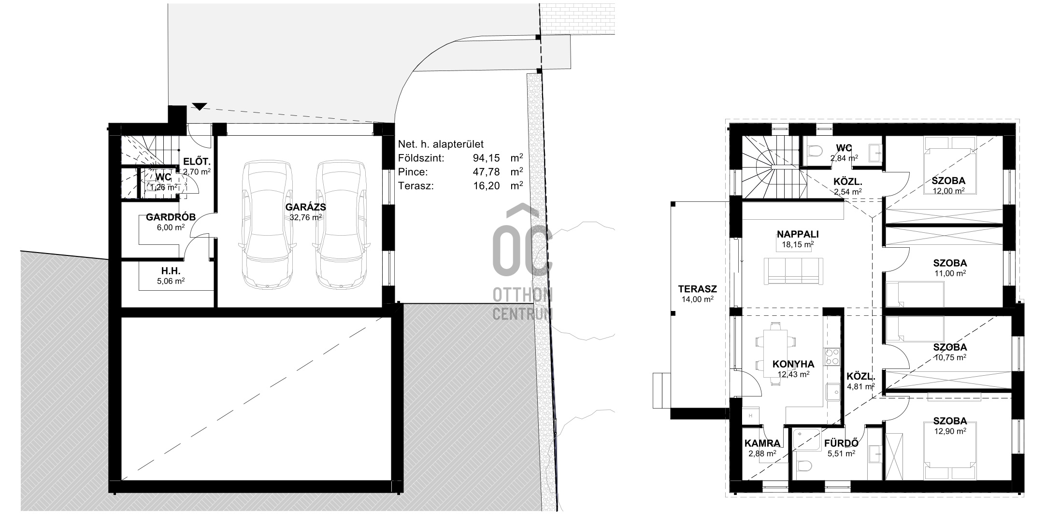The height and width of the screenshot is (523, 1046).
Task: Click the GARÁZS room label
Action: pyautogui.click(x=306, y=207)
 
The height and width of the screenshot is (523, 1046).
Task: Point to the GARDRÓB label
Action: pyautogui.click(x=171, y=217)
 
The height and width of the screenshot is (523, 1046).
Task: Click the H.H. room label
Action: pyautogui.click(x=171, y=271)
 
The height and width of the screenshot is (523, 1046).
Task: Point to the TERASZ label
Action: pyautogui.click(x=697, y=289)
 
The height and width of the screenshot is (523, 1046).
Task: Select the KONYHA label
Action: pyautogui.click(x=793, y=364)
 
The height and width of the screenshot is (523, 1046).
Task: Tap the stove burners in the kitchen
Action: pyautogui.click(x=832, y=356)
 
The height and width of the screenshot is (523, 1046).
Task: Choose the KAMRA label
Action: pyautogui.click(x=762, y=443)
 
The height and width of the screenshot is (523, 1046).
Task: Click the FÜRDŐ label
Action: pyautogui.click(x=841, y=443)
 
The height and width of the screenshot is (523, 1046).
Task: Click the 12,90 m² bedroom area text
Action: pyautogui.click(x=950, y=431)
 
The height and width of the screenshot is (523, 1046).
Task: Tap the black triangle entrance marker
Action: pyautogui.click(x=199, y=106)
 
